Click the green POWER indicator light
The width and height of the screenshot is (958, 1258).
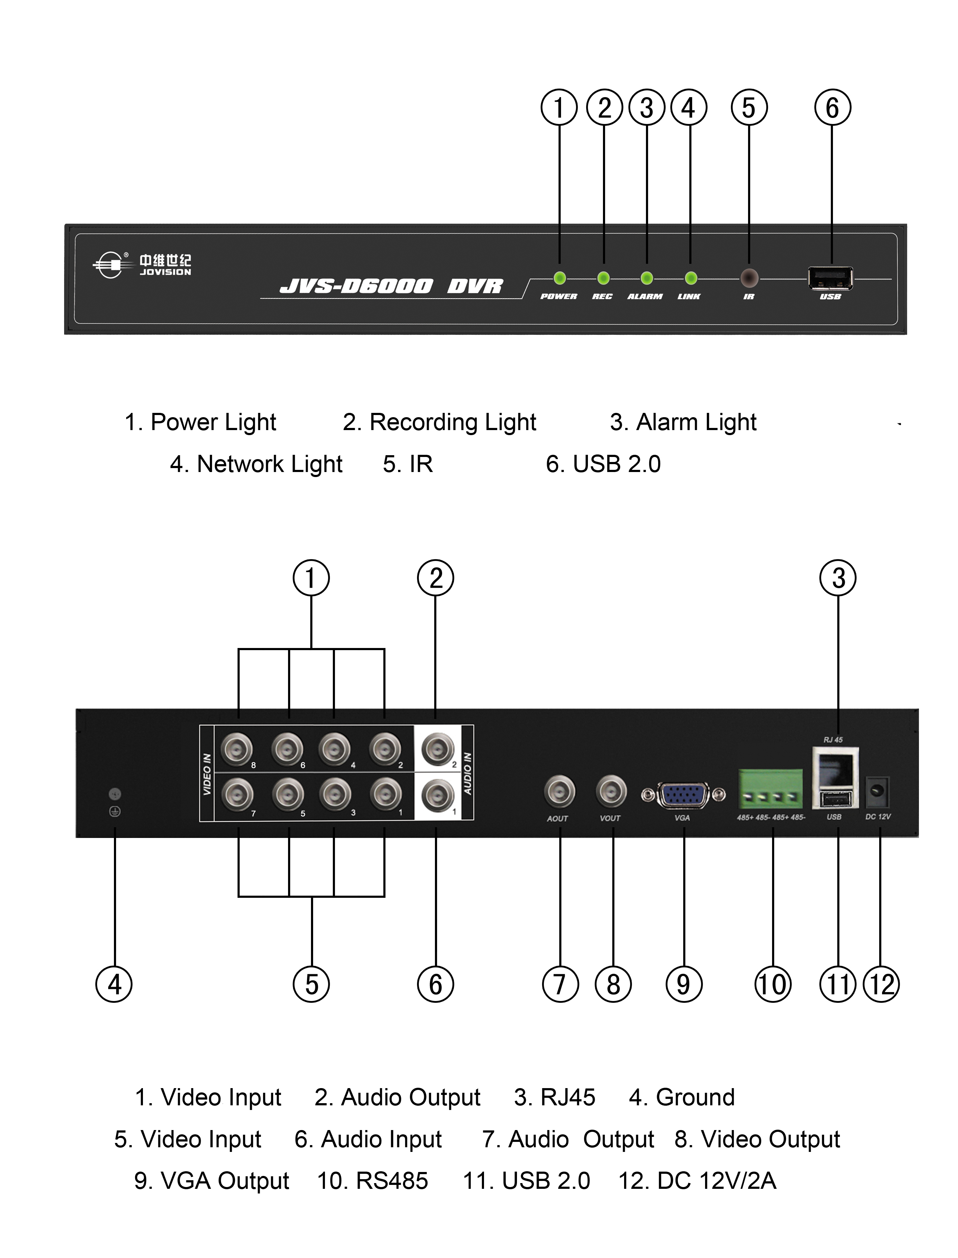click(x=559, y=278)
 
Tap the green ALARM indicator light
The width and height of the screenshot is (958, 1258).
click(x=647, y=278)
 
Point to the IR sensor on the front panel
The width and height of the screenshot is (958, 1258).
click(x=749, y=278)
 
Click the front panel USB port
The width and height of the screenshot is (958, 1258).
click(x=830, y=278)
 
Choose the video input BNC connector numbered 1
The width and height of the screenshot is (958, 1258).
click(x=385, y=793)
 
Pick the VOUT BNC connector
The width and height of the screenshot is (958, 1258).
click(x=611, y=791)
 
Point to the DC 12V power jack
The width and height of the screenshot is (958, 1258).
click(x=878, y=791)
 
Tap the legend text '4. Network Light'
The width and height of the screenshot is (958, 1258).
click(x=256, y=464)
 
